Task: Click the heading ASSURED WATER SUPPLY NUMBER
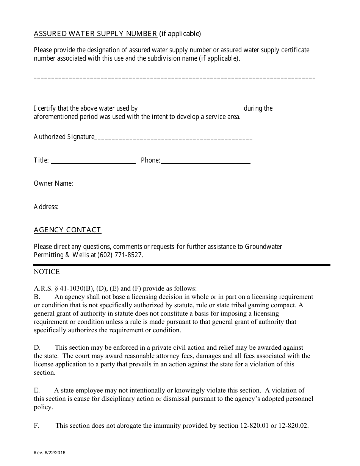95,34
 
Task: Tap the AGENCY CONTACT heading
67,230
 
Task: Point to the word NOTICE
47,272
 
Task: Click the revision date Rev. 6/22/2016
47,452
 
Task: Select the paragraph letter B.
36,297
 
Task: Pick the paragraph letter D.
37,347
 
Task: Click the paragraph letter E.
36,390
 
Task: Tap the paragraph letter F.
36,425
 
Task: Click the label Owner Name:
53,183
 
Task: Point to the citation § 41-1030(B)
73,288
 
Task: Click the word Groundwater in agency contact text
263,247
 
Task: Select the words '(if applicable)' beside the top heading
180,34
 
